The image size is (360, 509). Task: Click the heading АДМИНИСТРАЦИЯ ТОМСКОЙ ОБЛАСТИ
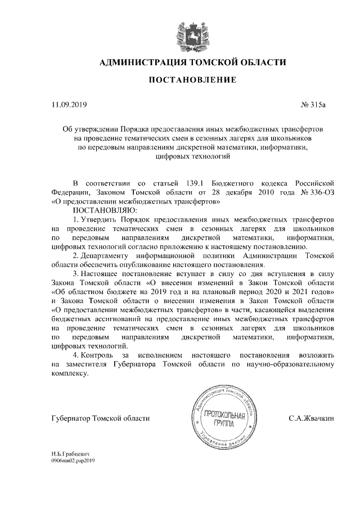(192, 62)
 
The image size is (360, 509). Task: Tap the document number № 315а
(322, 104)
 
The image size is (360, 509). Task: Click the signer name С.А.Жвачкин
(312, 418)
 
